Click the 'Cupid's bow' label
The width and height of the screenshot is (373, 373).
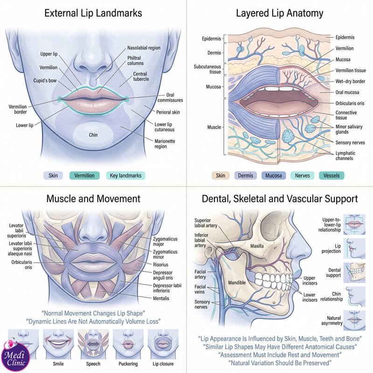coord(45,81)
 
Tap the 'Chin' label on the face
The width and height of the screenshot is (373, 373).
coord(93,135)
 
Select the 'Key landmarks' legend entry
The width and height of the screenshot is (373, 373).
coord(125,176)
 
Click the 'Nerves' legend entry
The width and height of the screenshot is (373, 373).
coord(302,176)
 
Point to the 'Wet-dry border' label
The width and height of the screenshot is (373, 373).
coord(350,81)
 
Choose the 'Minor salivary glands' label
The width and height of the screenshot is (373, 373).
coord(349,129)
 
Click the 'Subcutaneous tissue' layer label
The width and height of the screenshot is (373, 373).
coord(207,69)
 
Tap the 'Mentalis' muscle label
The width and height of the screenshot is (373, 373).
coord(161,298)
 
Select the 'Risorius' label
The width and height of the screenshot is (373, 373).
coord(160,264)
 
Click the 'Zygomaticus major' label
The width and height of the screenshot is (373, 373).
coord(165,242)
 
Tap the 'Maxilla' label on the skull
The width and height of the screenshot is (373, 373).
coord(257,246)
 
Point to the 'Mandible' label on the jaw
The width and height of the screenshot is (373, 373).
coord(237,283)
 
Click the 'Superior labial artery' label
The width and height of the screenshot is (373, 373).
coord(206,223)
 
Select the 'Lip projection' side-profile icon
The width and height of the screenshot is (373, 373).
coord(354,249)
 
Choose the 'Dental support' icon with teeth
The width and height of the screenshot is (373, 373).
coord(354,273)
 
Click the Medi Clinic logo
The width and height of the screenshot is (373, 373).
coord(16,356)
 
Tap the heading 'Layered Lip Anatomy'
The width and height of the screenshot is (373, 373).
coord(279,14)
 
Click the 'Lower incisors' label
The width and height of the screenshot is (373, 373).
coord(310,297)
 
